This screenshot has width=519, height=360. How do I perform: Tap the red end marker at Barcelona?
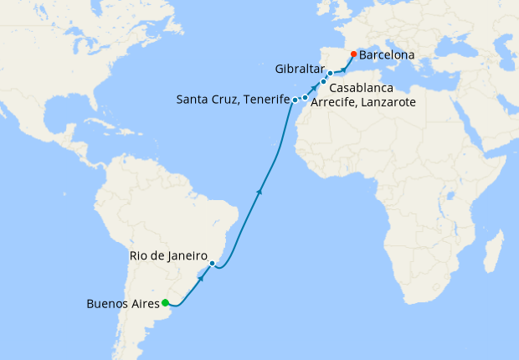[x=353, y=54]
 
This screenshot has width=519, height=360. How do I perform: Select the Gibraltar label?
[x=300, y=68]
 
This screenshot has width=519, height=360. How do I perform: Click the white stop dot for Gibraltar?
[x=330, y=74]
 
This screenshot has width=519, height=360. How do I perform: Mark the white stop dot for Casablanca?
[x=323, y=82]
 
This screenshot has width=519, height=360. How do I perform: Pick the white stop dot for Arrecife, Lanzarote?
[x=306, y=98]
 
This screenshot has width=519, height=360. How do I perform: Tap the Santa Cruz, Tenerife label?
[x=232, y=100]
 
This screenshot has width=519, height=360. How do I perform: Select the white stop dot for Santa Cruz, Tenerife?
[x=295, y=100]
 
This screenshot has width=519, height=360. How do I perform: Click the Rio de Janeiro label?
[x=168, y=255]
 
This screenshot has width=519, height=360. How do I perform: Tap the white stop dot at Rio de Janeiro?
[x=213, y=264]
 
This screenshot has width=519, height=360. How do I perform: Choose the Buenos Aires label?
[x=122, y=304]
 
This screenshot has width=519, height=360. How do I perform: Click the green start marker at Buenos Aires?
[x=166, y=302]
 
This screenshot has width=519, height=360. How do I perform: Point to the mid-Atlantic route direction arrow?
[x=260, y=192]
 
